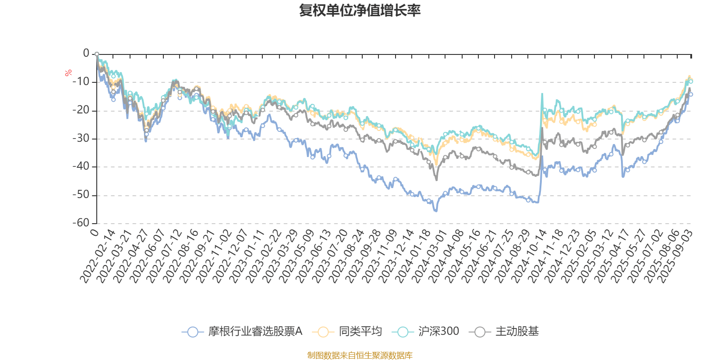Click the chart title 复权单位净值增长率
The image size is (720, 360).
coord(360,10)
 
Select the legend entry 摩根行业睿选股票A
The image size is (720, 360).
coord(243,332)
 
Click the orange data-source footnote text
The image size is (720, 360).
coord(360,355)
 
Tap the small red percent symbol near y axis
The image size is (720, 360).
coord(68,73)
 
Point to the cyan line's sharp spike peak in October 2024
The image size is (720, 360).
coord(542,94)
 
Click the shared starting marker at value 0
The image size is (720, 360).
coord(97,54)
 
